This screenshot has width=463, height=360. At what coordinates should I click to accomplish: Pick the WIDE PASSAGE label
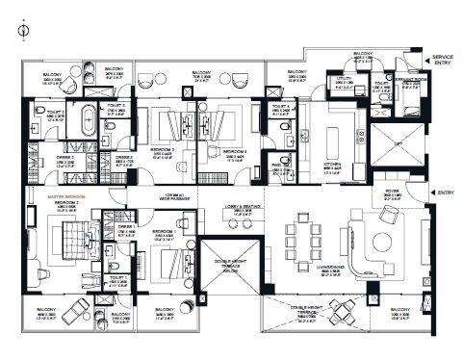point(176,198)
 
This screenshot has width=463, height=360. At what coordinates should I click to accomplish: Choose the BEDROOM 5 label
point(162,232)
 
